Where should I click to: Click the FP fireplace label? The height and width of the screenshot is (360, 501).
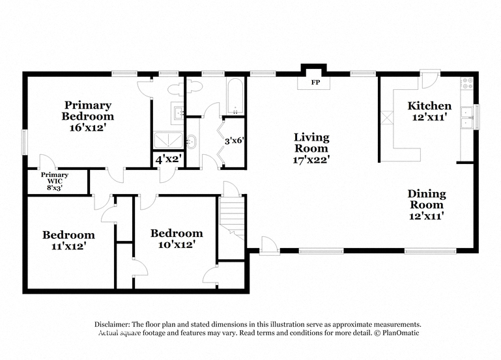pos(315,83)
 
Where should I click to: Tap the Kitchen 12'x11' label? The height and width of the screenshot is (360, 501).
pos(429,111)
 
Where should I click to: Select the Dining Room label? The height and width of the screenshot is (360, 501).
pos(427,199)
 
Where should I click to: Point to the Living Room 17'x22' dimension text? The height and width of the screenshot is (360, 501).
pos(311,159)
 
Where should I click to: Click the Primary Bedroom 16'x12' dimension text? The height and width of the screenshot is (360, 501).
pos(87,128)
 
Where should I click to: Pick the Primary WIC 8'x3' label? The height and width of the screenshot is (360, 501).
pos(55,181)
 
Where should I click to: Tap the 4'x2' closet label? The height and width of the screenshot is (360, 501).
pos(169,159)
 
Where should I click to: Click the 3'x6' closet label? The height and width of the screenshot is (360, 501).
pos(234,141)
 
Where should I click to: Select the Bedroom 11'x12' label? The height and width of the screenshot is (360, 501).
pos(68,240)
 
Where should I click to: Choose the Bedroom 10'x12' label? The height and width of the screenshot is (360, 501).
pos(177,239)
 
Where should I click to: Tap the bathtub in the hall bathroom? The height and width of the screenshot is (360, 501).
pos(235,96)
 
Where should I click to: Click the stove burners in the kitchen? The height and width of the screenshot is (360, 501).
pos(466,83)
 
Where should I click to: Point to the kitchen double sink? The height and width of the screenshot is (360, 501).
pos(467,118)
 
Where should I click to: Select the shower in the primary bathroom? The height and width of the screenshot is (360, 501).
pos(168,141)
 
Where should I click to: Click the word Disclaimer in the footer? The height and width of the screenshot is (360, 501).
pos(112,325)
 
